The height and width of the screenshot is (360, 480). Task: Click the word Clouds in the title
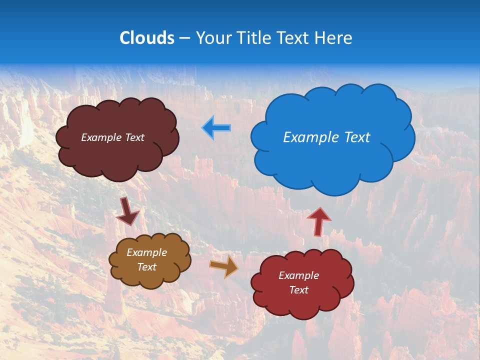[147, 38]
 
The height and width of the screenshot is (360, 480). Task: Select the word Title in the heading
[254, 38]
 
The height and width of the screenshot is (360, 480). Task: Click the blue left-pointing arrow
[216, 128]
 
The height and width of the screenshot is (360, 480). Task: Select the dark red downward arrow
[127, 211]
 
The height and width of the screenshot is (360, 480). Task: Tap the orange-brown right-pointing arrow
[224, 266]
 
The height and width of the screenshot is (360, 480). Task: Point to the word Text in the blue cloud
[357, 137]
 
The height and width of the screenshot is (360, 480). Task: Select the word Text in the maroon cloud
[134, 137]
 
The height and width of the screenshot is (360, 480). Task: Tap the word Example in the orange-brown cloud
[146, 252]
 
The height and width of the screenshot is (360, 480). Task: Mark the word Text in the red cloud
[298, 290]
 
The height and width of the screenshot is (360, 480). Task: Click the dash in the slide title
[184, 38]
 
